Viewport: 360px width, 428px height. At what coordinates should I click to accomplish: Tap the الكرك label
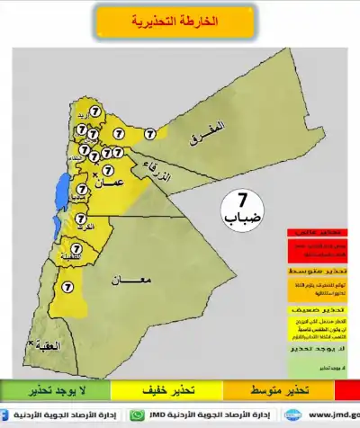coord(87,229)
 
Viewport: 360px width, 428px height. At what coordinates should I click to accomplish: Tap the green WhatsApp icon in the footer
coord(137,416)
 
